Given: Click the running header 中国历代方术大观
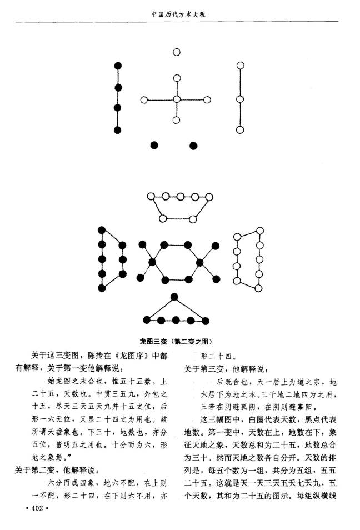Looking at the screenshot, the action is [178, 14].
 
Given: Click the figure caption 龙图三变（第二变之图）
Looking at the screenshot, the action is [176, 342].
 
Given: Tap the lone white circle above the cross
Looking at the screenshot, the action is [177, 52].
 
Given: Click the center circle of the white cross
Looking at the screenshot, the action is [177, 99].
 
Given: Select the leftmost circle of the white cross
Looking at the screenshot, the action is [144, 100].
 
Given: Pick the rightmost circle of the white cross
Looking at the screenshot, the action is [208, 99].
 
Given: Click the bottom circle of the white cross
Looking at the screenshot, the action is [176, 120].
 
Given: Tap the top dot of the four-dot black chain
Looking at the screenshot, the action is [118, 66].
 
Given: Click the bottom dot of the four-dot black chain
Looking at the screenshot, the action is [117, 130].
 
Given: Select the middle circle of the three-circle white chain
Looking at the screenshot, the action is [240, 99].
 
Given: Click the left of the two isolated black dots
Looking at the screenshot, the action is [154, 146].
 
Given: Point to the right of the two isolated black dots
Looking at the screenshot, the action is [193, 146].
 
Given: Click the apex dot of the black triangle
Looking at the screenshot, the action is [174, 297].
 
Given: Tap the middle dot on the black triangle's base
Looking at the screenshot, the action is [176, 320].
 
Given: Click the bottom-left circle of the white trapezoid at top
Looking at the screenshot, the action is [163, 219].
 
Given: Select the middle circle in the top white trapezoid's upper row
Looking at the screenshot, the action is [180, 197].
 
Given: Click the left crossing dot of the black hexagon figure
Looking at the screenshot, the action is [152, 262].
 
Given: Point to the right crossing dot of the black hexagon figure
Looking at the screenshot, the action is [200, 262].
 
